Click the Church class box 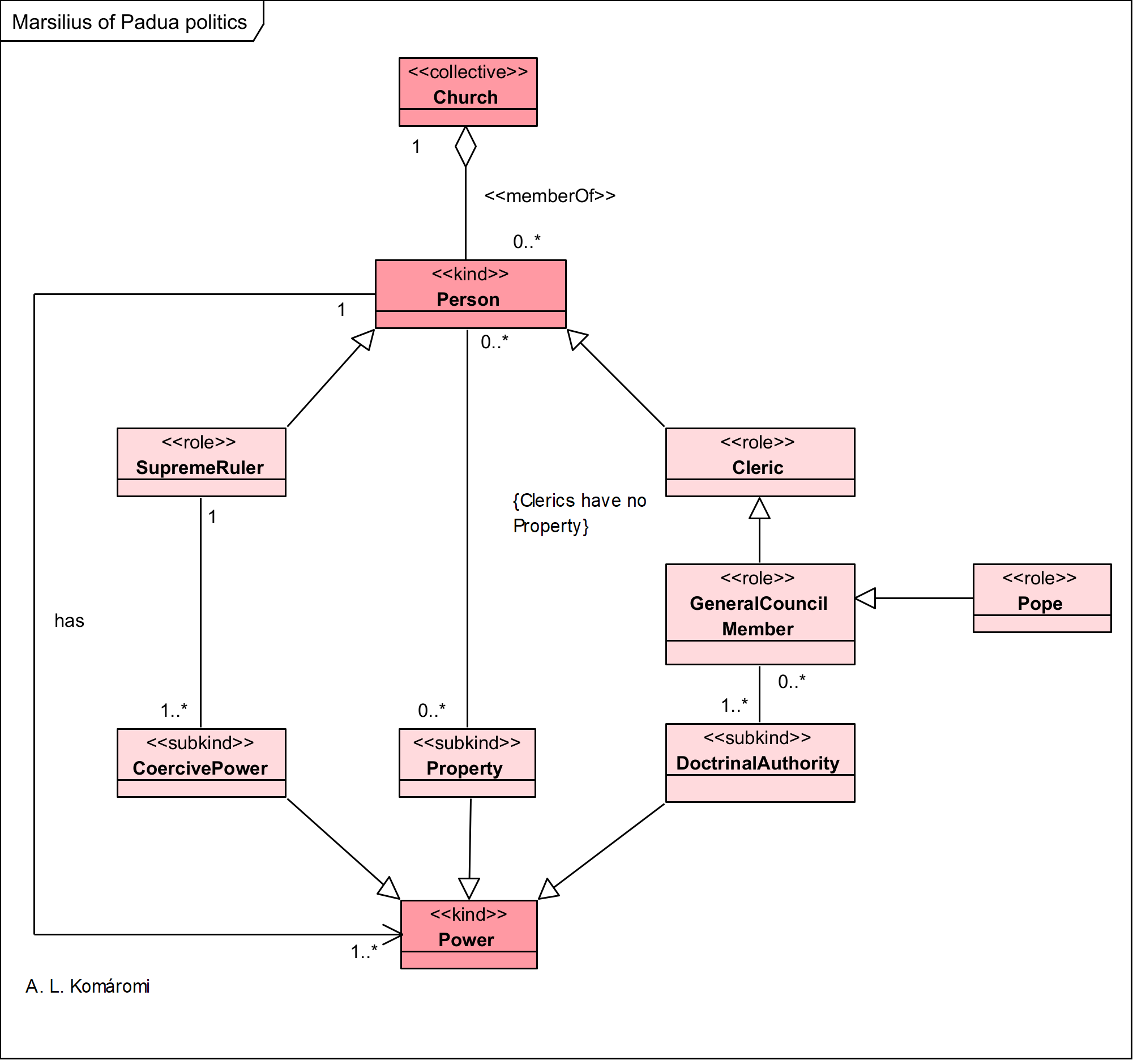pos(468,91)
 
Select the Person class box pos(471,294)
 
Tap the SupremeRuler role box pos(201,462)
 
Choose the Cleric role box pos(760,462)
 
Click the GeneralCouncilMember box pos(760,614)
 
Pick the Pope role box pos(1042,598)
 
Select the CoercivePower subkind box pos(201,763)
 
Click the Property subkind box pos(467,763)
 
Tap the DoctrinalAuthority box pos(760,763)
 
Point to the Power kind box pos(469,934)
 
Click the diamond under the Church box pos(465,147)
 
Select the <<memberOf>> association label pos(550,196)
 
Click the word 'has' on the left pos(69,621)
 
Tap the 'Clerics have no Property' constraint pos(579,513)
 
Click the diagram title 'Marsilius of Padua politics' pos(129,22)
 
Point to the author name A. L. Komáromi pos(87,986)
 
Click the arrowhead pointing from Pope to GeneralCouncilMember pos(866,598)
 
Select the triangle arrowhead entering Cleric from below pos(760,509)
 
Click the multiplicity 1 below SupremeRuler pos(212,517)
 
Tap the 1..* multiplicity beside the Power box pos(364,952)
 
